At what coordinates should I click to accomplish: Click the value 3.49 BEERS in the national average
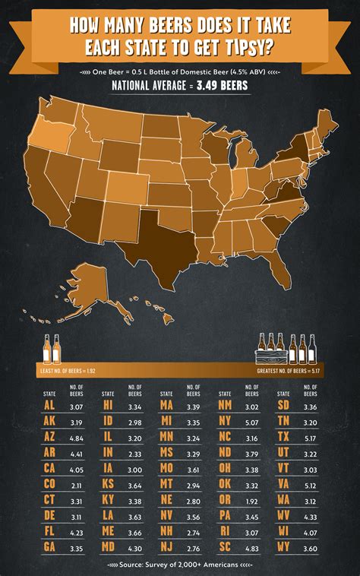pyautogui.click(x=220, y=84)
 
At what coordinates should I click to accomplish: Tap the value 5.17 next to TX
pyautogui.click(x=310, y=436)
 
